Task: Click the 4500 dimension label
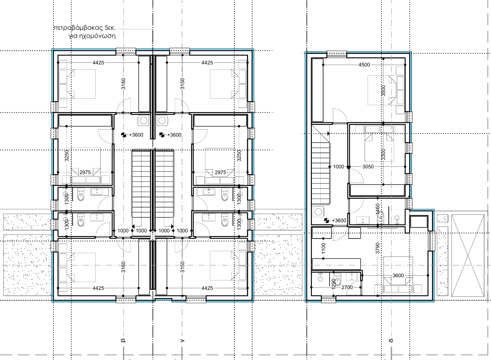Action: click(x=364, y=65)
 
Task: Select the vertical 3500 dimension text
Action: click(x=383, y=91)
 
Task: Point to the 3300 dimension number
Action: click(x=383, y=155)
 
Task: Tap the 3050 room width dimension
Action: click(x=368, y=166)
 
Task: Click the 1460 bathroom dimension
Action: click(x=377, y=209)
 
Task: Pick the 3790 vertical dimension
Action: click(x=377, y=248)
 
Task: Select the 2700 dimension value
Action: click(x=347, y=287)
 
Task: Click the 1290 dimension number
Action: click(x=334, y=284)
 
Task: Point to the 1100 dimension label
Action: click(x=323, y=248)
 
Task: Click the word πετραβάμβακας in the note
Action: click(x=78, y=28)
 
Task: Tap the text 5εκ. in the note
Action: click(x=110, y=28)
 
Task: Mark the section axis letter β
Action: click(x=123, y=340)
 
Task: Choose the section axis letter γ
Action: click(x=182, y=341)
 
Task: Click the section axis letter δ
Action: click(x=391, y=341)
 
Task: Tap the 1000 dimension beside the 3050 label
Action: click(x=339, y=166)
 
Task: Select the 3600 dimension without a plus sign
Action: click(x=398, y=275)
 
